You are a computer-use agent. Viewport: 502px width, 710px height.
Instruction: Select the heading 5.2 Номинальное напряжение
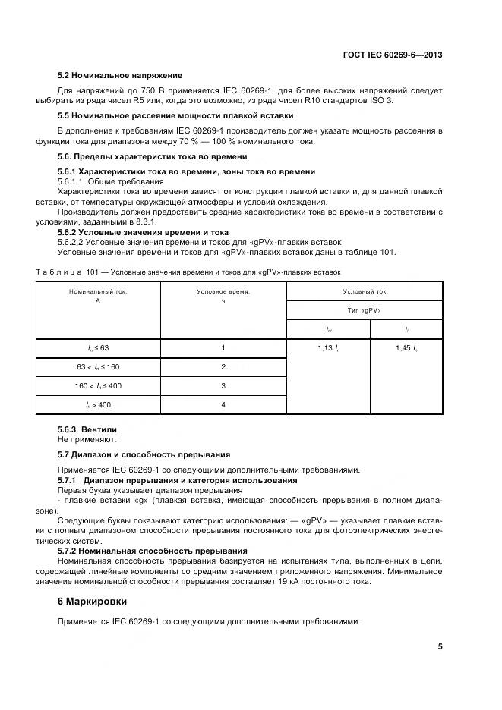[120, 76]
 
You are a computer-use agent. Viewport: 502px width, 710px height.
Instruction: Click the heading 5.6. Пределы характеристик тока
[153, 156]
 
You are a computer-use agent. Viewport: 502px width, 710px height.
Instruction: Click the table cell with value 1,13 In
[328, 347]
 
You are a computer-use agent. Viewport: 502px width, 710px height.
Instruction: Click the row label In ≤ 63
[98, 347]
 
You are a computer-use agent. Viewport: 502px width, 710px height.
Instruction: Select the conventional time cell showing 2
[223, 366]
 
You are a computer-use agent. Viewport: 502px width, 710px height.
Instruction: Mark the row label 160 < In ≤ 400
[98, 385]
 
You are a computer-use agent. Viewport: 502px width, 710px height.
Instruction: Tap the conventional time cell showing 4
[223, 405]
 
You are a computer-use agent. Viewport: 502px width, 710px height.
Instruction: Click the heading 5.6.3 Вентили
[87, 430]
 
